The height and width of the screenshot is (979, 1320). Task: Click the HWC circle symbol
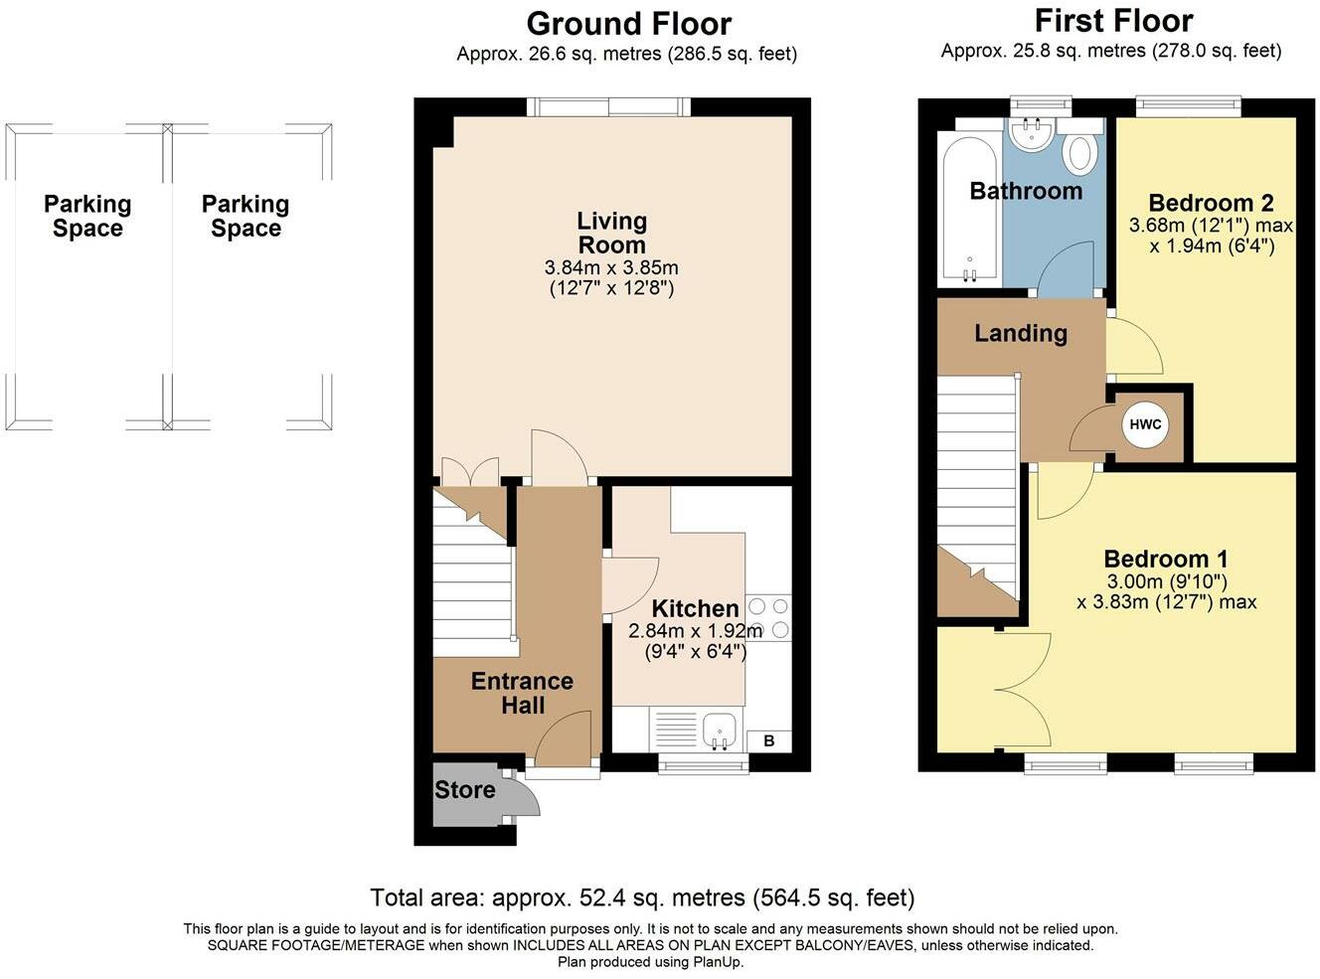click(1144, 425)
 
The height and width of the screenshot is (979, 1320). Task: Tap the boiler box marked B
click(769, 740)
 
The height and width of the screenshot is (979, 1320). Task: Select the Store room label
click(465, 790)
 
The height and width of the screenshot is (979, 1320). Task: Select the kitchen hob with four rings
click(768, 618)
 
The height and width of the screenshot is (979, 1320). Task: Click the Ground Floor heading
click(629, 25)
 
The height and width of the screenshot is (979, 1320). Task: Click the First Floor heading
click(1114, 21)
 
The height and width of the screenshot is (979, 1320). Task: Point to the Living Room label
click(612, 233)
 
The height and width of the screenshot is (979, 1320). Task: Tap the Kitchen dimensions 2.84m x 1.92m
click(695, 631)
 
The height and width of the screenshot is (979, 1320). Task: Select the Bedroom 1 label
click(1166, 559)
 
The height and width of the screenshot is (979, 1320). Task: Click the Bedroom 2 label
click(1211, 203)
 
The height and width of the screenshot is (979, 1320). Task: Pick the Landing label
click(1021, 333)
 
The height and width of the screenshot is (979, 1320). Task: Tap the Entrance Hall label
click(522, 694)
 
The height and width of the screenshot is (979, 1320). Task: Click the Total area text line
click(642, 897)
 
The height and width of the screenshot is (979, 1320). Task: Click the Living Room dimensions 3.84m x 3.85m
click(611, 267)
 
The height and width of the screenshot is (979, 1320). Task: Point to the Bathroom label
click(1026, 191)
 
